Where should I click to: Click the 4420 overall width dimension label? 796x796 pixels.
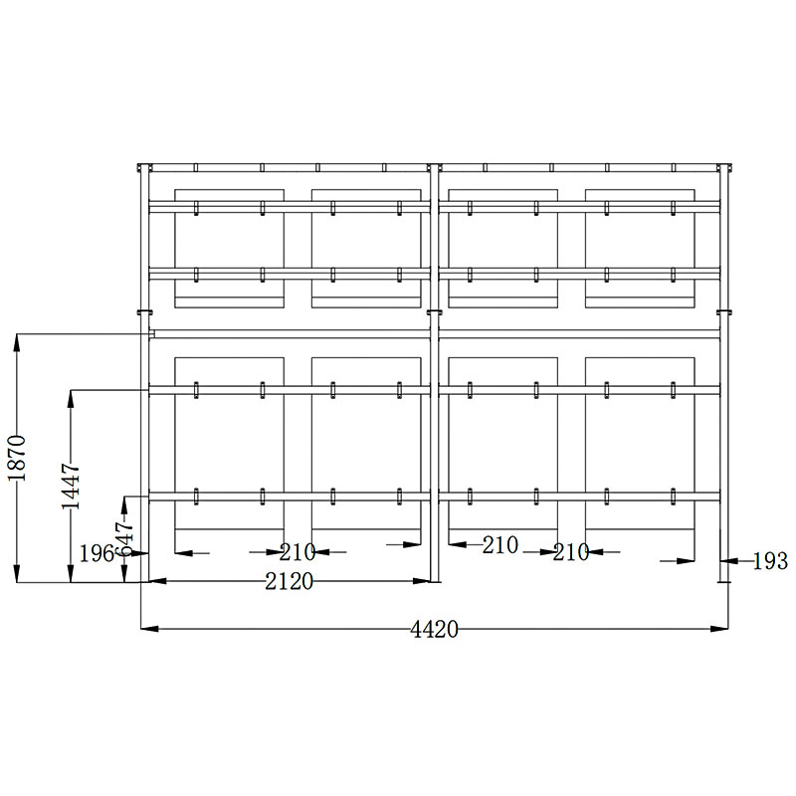434,630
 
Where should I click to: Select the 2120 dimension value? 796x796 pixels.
290,582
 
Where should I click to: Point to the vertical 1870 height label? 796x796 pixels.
17,458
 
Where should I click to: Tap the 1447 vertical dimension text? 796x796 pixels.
71,486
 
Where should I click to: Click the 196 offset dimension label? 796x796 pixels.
97,553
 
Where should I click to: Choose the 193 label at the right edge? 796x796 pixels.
770,561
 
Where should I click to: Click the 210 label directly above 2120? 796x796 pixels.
298,552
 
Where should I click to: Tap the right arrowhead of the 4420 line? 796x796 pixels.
719,629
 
